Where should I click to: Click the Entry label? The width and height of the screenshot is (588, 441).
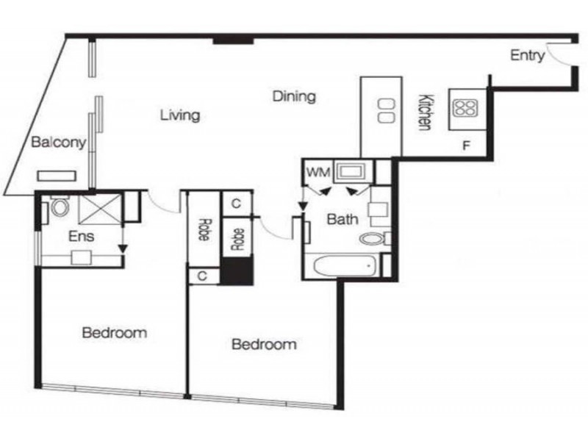coord(527,55)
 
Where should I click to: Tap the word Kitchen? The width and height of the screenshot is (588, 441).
coord(424,112)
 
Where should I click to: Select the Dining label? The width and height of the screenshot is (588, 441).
coord(294,96)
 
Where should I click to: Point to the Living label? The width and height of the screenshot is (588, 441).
coord(180,115)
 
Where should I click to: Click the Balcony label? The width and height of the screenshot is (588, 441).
coord(59,142)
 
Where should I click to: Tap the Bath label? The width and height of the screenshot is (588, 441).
coord(342,218)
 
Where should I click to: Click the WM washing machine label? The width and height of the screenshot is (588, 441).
coord(318,173)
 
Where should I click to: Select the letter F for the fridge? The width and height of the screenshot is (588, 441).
coord(465,145)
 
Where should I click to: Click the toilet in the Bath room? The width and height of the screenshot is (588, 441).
coord(375,238)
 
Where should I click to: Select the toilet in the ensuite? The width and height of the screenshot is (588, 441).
coord(58,207)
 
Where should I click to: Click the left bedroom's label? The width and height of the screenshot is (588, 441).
coord(114,332)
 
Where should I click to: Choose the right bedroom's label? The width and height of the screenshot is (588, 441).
coord(264,344)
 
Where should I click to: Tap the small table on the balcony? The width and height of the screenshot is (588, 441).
coord(57,176)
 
